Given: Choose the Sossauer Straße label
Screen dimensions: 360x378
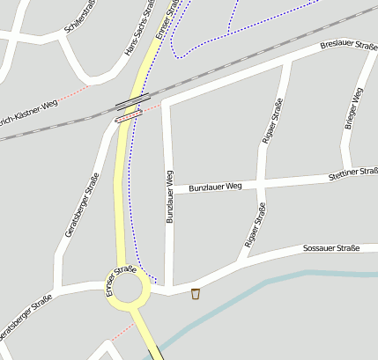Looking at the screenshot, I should click(330, 249).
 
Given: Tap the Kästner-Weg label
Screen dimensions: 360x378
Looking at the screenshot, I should click(28, 110).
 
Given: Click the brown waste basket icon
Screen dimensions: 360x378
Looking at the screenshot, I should click(196, 293).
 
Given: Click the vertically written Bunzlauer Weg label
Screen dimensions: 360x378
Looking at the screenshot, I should click(170, 196).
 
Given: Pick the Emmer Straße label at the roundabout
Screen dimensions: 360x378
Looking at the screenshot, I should click(121, 280).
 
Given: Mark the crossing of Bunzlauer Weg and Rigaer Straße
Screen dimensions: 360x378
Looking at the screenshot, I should click(262, 183).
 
